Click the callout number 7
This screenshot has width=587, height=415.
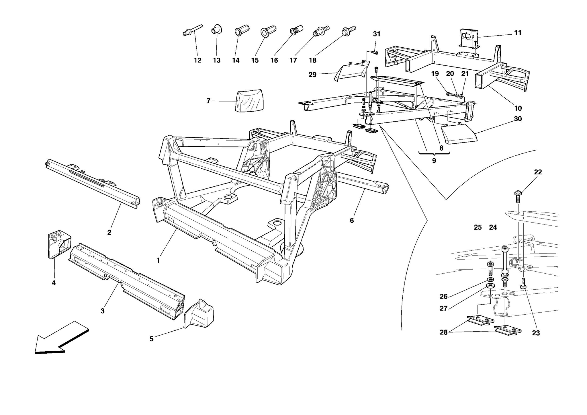coord(208,101)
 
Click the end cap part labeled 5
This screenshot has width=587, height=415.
coord(199,314)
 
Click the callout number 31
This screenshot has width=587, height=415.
coord(377,34)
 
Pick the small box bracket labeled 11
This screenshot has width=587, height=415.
coord(469,39)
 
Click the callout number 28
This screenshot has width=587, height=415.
coord(443,333)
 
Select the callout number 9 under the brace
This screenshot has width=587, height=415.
coord(434,161)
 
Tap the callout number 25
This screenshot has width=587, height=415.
coord(478,227)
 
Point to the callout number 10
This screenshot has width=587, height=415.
coord(518,108)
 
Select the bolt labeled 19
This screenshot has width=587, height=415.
coord(450,93)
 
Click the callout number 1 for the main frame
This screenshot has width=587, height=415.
coord(158,260)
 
